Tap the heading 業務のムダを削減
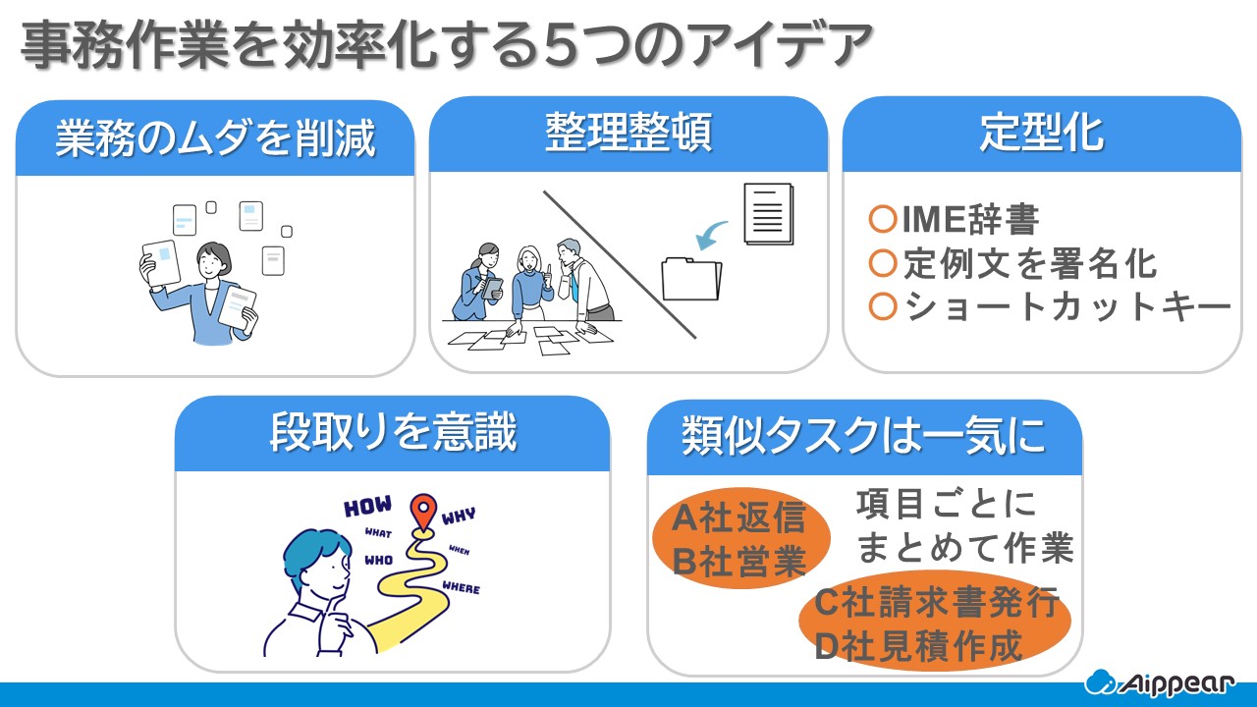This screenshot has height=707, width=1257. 215,138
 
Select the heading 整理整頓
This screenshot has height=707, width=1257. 628,133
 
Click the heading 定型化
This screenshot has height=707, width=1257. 1042,133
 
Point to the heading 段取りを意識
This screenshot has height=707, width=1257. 393,431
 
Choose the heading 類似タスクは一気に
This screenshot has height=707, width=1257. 864,436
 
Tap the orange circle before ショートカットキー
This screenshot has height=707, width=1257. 882,306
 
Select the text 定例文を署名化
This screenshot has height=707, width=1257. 1030,263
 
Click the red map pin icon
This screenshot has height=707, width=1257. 423,512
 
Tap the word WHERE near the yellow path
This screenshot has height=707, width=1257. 462,587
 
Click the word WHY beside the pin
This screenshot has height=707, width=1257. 459,516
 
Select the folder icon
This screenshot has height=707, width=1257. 691,279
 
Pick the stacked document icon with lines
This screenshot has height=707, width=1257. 769,214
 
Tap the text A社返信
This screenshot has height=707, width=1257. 738,517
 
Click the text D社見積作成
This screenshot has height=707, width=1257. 918,646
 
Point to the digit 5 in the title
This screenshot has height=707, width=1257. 563,44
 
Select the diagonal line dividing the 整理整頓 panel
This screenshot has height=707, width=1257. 620,265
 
